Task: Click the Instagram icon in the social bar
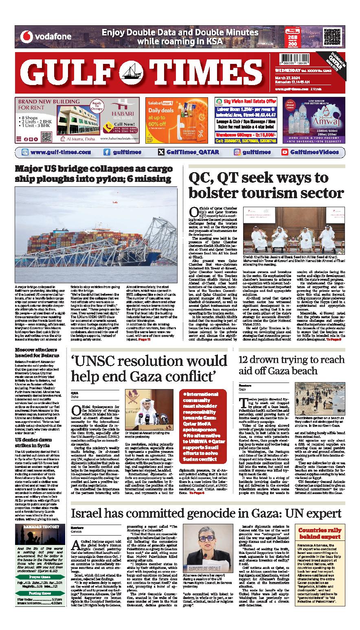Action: [x=237, y=152]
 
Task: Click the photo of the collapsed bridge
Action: [x=96, y=230]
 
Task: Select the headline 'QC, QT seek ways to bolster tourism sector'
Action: [x=266, y=185]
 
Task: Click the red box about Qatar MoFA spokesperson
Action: [x=203, y=420]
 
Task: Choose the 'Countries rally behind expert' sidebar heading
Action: [x=320, y=534]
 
